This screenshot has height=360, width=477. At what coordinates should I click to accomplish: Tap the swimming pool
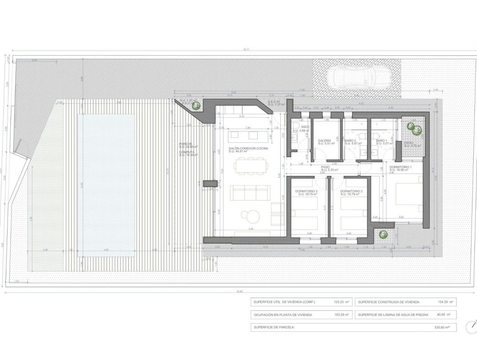tap(106, 185)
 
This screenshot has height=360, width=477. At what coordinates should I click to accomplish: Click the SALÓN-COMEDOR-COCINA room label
tap(249, 149)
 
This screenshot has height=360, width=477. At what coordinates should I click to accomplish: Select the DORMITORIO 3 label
tap(306, 191)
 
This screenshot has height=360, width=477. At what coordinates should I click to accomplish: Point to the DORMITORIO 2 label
tap(351, 191)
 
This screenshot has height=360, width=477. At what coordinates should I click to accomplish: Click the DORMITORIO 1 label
tap(400, 167)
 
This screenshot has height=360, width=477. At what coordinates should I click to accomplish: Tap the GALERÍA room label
tap(325, 141)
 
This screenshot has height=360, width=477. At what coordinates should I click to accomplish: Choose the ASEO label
tap(305, 126)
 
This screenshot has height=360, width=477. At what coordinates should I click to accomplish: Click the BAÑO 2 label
tap(350, 141)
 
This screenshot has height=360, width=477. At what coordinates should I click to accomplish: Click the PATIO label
tap(408, 143)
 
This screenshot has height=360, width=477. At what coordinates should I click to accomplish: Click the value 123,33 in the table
tap(339, 302)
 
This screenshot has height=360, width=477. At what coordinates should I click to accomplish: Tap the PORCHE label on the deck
tap(186, 144)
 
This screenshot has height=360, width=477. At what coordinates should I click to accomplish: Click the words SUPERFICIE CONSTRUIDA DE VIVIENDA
tap(389, 302)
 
